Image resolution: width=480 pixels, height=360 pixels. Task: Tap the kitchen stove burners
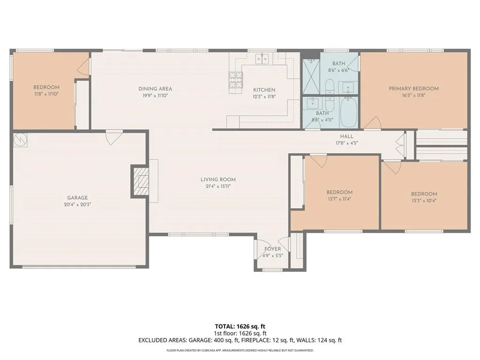pos(236,80)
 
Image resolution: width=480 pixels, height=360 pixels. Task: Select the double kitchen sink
pos(262,59)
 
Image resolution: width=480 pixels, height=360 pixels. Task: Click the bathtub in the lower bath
pos(348,112)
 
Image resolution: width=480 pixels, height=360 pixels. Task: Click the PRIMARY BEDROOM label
pos(413,89)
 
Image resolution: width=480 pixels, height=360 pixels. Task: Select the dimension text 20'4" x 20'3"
pos(77,204)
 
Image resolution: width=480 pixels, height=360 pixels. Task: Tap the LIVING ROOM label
pos(218,180)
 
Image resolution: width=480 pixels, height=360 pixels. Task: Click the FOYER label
pos(272,249)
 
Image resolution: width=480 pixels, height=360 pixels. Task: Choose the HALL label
pos(347,136)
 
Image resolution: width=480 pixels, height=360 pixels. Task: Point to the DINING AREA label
pos(155,89)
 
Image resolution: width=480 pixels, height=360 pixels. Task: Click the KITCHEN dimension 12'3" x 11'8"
pos(264,96)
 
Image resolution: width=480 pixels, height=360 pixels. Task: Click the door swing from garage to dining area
pos(114,137)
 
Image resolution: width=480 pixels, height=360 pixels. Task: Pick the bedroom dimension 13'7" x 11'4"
pos(339,199)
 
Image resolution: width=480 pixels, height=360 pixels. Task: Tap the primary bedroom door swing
pos(372,123)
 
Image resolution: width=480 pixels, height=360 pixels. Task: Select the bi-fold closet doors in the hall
pos(400,144)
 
